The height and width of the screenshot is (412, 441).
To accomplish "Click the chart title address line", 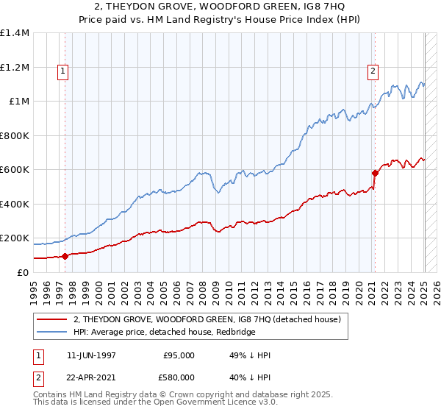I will (x=220, y=8).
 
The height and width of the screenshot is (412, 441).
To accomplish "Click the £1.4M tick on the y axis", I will (x=15, y=33).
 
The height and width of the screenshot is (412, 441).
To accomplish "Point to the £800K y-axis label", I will (x=15, y=135).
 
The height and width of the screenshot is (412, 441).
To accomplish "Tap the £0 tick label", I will (x=22, y=272).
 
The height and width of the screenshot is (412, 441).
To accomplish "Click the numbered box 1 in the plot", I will (x=63, y=71).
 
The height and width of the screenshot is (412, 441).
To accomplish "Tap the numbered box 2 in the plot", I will (x=373, y=71).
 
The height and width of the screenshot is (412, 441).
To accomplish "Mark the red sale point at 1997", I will (x=65, y=256).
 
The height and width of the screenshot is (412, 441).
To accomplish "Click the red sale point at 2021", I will (x=375, y=174).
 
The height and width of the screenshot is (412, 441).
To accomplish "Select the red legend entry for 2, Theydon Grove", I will (x=207, y=320).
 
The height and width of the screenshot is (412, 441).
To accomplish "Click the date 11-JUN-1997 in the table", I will (x=91, y=355).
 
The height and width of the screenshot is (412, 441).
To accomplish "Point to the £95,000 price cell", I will (x=179, y=355).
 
